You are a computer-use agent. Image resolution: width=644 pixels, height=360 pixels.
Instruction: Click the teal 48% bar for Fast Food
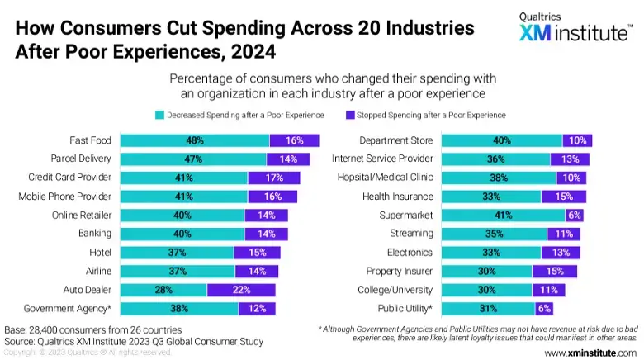point(195,140)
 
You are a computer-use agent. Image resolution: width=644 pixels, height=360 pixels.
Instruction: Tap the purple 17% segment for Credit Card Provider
point(273,178)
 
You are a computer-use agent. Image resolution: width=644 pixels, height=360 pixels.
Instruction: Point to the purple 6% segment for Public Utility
point(544,308)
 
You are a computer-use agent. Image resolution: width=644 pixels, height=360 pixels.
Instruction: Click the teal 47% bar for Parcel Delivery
point(193,159)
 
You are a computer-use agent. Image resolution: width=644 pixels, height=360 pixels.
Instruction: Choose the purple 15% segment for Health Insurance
point(563,197)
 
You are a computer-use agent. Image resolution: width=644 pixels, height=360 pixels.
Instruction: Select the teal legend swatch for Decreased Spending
point(159,115)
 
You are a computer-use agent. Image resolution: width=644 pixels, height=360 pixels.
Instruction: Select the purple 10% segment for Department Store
point(577,140)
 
